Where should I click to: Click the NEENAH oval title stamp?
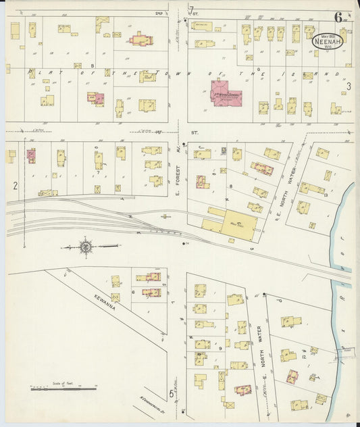click(x=328, y=41)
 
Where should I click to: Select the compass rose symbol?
click(x=86, y=248)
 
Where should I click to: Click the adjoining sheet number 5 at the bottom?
click(x=172, y=393)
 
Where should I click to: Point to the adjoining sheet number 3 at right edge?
click(x=349, y=86)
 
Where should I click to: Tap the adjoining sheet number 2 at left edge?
click(x=14, y=184)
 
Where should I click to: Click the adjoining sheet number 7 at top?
click(x=191, y=8)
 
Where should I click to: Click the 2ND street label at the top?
click(x=159, y=12)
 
